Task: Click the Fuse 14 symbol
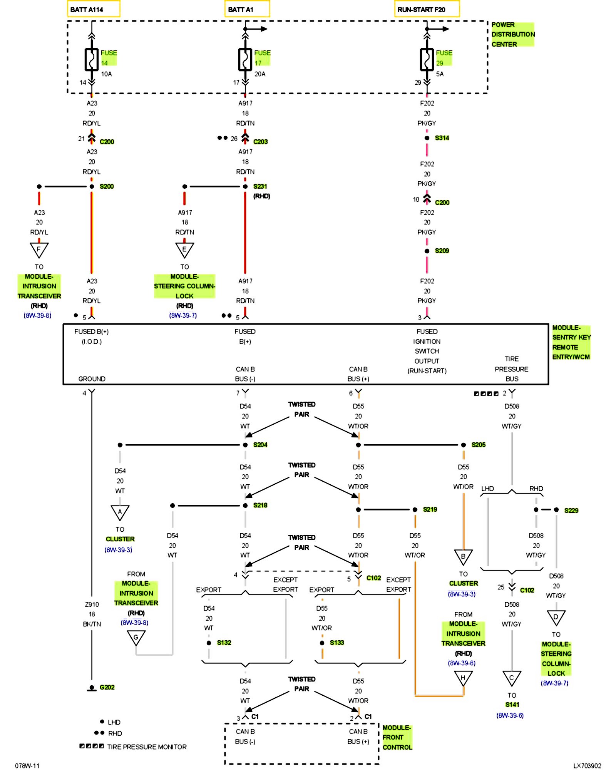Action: tap(92, 60)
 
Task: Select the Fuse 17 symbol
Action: tap(245, 60)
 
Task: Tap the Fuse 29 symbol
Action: tap(427, 60)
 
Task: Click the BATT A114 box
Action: tap(94, 9)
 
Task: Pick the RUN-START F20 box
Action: tap(427, 9)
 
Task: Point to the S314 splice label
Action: tap(442, 138)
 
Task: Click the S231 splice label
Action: tap(260, 186)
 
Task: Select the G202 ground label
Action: tap(107, 687)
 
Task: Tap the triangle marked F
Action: tap(39, 250)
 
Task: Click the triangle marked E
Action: tap(184, 250)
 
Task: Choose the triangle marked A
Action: tap(120, 512)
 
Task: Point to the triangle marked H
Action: tap(463, 678)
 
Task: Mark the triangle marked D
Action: tap(556, 618)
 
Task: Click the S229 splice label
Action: tap(571, 511)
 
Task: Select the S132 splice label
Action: tap(224, 643)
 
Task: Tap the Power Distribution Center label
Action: tap(512, 34)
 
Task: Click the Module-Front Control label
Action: tap(397, 737)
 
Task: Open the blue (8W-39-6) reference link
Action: tap(510, 715)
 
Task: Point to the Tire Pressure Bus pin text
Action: tap(512, 369)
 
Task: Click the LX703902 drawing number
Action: tap(587, 766)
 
